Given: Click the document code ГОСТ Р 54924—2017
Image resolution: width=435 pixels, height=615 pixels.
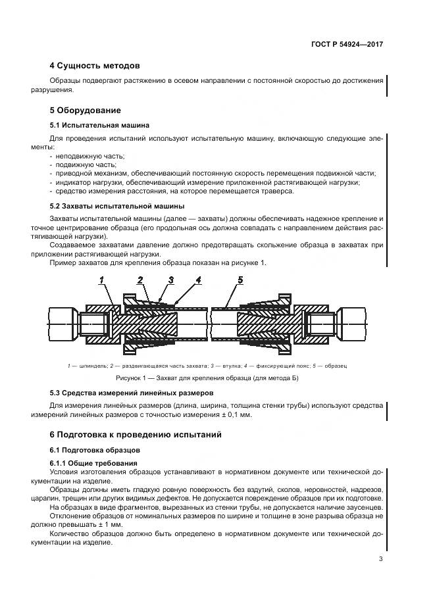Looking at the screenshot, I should (x=347, y=44).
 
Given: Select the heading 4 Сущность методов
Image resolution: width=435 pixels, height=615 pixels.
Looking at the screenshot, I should (x=95, y=66).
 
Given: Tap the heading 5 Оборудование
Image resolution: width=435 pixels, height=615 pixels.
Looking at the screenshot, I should (x=86, y=110).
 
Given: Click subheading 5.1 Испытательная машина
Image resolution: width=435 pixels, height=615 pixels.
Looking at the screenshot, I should (x=99, y=125).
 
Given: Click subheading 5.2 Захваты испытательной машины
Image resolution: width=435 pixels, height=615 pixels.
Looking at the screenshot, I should (x=117, y=206).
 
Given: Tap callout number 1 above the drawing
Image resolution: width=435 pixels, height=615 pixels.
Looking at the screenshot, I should (x=102, y=280).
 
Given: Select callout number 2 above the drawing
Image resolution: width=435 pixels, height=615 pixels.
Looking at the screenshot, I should (x=140, y=280).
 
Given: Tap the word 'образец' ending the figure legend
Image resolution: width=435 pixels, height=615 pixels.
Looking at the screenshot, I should (x=335, y=365).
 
